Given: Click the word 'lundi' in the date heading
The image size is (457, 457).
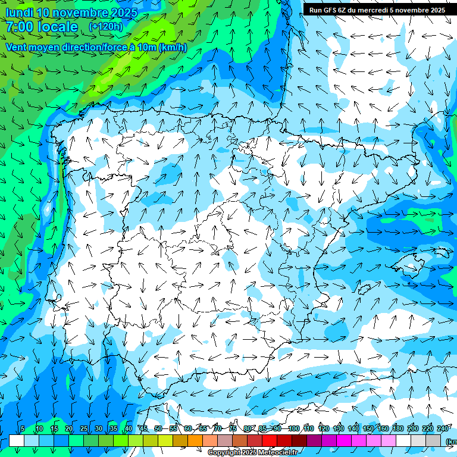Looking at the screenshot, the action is (19, 12).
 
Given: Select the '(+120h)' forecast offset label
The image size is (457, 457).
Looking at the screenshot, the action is (105, 26).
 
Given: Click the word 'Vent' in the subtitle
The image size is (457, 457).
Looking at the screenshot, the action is (17, 47).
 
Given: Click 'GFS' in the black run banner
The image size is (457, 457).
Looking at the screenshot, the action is (329, 10).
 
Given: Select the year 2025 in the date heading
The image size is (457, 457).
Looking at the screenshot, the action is (121, 12).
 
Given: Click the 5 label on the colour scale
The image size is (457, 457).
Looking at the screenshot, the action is (23, 428).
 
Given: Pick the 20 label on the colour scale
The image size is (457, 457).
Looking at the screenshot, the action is (69, 428).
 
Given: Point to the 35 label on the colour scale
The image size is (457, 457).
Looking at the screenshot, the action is (114, 428).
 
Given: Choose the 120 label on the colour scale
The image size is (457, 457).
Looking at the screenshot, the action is (324, 428).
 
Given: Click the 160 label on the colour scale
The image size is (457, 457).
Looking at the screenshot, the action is (383, 428).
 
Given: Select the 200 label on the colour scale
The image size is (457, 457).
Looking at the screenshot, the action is (413, 428).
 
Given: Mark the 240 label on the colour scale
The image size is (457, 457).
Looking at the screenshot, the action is (443, 428).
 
